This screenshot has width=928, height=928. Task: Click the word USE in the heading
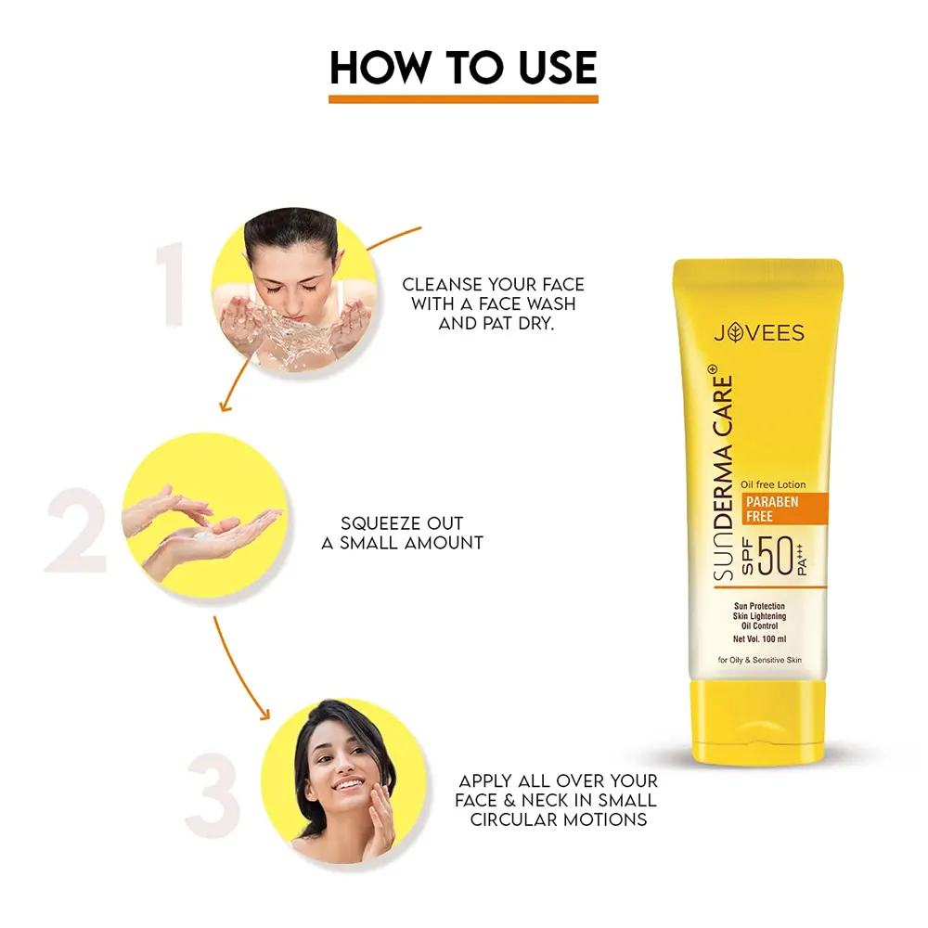click(x=558, y=68)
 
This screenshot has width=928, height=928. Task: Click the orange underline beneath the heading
click(x=463, y=99)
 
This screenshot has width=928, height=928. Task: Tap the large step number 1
click(x=171, y=283)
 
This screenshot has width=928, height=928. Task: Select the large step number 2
click(x=76, y=530)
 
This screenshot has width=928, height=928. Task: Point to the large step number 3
click(x=213, y=795)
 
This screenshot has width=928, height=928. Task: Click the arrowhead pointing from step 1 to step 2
click(x=225, y=406)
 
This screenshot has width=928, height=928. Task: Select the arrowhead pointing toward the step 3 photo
click(x=264, y=714)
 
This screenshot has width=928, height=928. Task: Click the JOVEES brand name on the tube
click(x=759, y=332)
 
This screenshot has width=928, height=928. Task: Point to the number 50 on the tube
click(x=775, y=556)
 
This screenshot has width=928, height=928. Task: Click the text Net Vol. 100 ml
click(x=759, y=639)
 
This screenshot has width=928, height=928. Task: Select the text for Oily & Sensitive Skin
click(x=760, y=660)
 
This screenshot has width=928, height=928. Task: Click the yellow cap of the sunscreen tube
click(x=758, y=721)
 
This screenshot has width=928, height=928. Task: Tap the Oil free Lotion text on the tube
click(x=773, y=484)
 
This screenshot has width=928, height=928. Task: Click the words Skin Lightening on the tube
click(x=759, y=616)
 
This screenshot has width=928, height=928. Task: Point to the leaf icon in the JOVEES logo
click(x=735, y=332)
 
